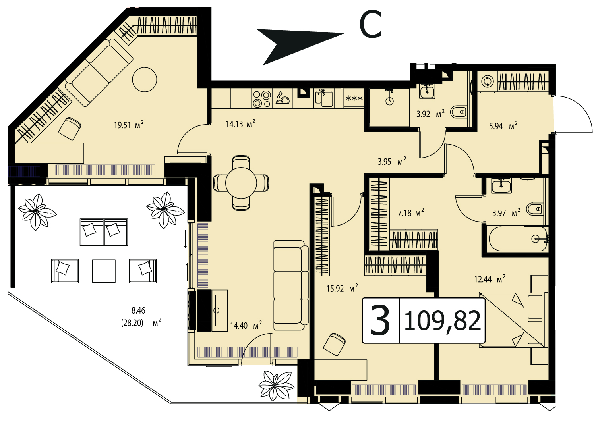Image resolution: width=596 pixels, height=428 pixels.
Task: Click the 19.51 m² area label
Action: pyautogui.click(x=129, y=124)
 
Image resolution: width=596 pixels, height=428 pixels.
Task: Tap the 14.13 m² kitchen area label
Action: pyautogui.click(x=240, y=123)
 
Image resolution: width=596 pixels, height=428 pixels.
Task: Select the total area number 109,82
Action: pyautogui.click(x=442, y=321)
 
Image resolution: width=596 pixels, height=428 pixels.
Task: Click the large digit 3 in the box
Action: pyautogui.click(x=380, y=320)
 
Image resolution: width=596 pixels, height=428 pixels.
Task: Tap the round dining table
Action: pyautogui.click(x=241, y=183)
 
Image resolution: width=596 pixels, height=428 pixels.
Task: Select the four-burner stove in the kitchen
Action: pyautogui.click(x=262, y=98)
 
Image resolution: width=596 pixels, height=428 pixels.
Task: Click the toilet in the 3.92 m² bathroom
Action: pyautogui.click(x=459, y=112)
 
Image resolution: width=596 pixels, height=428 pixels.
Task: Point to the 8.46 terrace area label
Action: pyautogui.click(x=139, y=310)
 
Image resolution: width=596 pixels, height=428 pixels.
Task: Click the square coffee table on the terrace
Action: pyautogui.click(x=104, y=271)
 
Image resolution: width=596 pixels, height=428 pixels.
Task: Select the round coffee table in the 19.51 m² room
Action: pyautogui.click(x=145, y=79)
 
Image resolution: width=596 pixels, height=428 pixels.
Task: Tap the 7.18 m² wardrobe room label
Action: pyautogui.click(x=410, y=213)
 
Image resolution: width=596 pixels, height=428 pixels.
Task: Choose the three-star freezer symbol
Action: pyautogui.click(x=354, y=98)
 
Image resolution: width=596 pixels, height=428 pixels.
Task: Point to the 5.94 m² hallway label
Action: pyautogui.click(x=503, y=126)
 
